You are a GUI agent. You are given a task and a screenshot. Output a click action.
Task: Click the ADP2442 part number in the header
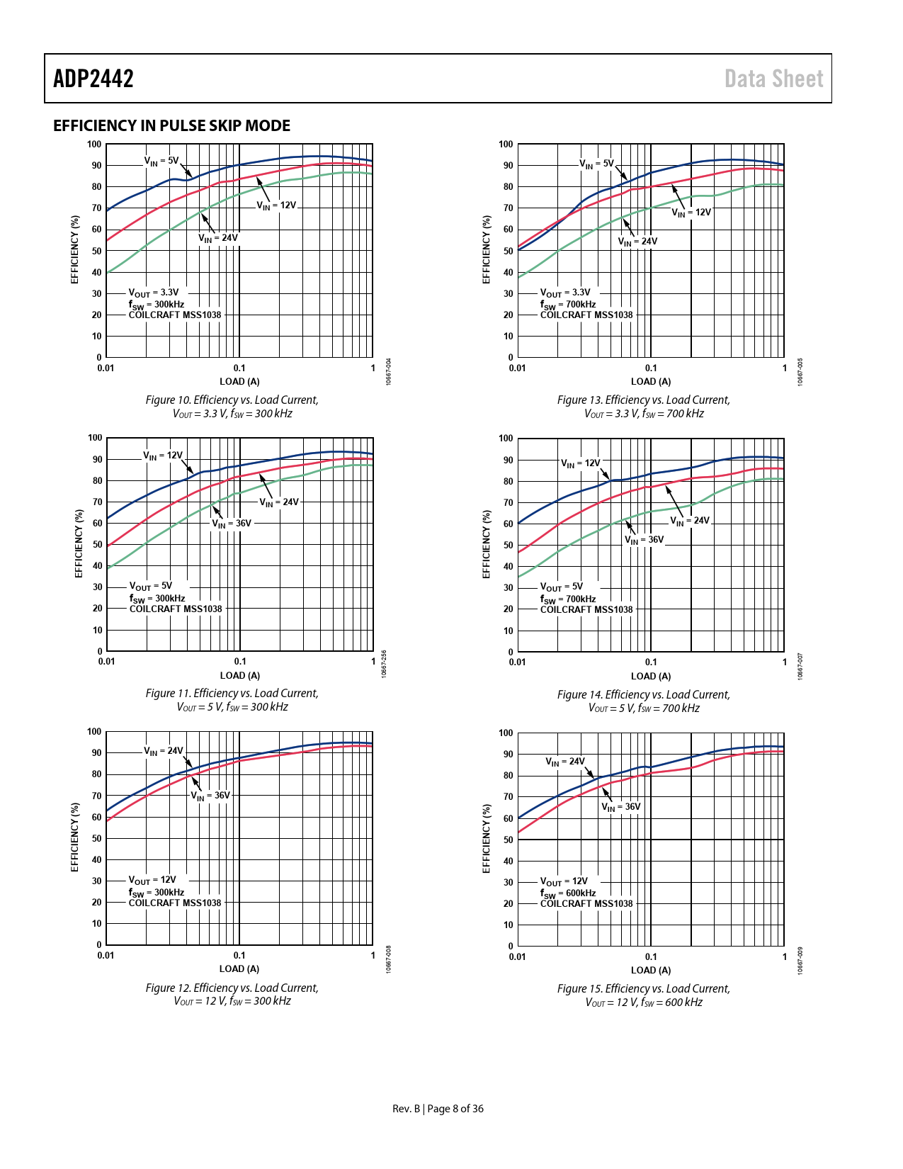[x=93, y=79]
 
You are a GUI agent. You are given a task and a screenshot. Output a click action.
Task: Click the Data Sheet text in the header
[x=773, y=79]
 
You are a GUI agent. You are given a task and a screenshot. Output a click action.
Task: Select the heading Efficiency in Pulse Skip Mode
[x=171, y=126]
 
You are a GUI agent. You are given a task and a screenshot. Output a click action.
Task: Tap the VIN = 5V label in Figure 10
[x=161, y=161]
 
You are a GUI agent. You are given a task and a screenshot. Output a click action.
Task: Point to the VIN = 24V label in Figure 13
[x=637, y=242]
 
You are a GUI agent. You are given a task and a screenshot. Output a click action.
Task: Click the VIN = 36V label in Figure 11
[x=232, y=524]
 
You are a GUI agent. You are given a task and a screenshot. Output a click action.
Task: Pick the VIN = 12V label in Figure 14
[x=580, y=463]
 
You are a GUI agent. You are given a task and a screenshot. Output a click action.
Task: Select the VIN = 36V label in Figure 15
[x=620, y=807]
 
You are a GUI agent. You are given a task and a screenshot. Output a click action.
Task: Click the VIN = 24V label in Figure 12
[x=163, y=751]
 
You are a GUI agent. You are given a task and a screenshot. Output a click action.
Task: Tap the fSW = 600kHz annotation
[x=568, y=893]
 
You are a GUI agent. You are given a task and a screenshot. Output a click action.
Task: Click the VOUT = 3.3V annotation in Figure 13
[x=564, y=293]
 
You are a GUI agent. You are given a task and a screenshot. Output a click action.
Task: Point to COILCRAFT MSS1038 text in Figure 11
[x=176, y=609]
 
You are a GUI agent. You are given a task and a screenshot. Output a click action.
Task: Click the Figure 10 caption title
[x=232, y=400]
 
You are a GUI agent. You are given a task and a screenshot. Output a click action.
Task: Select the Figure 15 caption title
[x=643, y=989]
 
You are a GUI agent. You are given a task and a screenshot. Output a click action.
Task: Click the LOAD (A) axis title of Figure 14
[x=651, y=676]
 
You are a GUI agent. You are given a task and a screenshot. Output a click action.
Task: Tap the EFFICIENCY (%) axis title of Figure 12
[x=74, y=837]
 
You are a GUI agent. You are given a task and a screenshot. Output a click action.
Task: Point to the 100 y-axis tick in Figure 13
[x=506, y=145]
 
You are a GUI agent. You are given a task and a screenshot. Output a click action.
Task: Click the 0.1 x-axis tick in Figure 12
[x=239, y=956]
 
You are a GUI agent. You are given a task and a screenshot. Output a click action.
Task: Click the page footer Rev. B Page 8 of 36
[x=438, y=1109]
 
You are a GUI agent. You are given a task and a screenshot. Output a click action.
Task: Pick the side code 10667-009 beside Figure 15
[x=800, y=961]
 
